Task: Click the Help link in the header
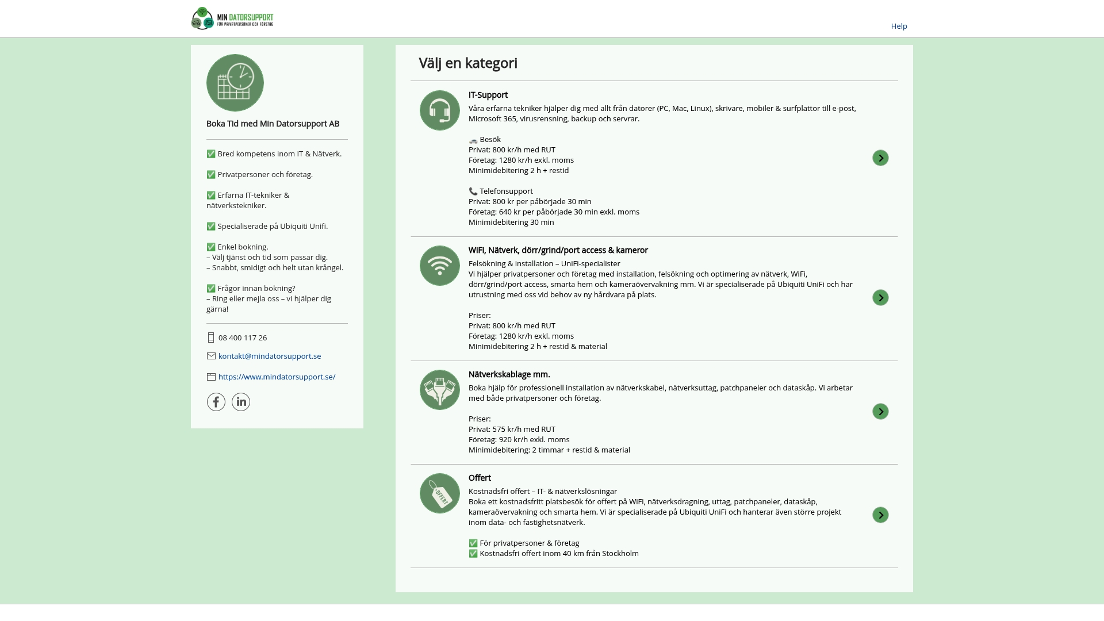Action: (x=899, y=26)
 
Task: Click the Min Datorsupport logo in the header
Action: (x=232, y=18)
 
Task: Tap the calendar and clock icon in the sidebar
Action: (x=235, y=83)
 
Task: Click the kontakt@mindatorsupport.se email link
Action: (x=270, y=356)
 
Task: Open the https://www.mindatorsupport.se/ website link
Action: (x=277, y=377)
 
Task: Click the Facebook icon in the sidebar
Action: (x=216, y=402)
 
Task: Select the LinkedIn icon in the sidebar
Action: (x=241, y=402)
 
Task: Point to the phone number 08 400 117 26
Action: (x=243, y=338)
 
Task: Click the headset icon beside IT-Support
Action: (x=440, y=110)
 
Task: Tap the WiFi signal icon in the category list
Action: (x=440, y=266)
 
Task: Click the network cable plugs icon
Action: (x=440, y=390)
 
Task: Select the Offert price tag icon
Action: (x=440, y=493)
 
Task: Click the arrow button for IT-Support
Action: (x=880, y=158)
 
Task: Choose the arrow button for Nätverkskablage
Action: (x=880, y=412)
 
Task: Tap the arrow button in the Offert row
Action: (x=880, y=515)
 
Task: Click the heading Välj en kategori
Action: (x=468, y=63)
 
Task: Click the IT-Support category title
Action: (x=488, y=95)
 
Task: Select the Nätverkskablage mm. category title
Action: (x=509, y=374)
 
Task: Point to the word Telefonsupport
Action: (x=506, y=191)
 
